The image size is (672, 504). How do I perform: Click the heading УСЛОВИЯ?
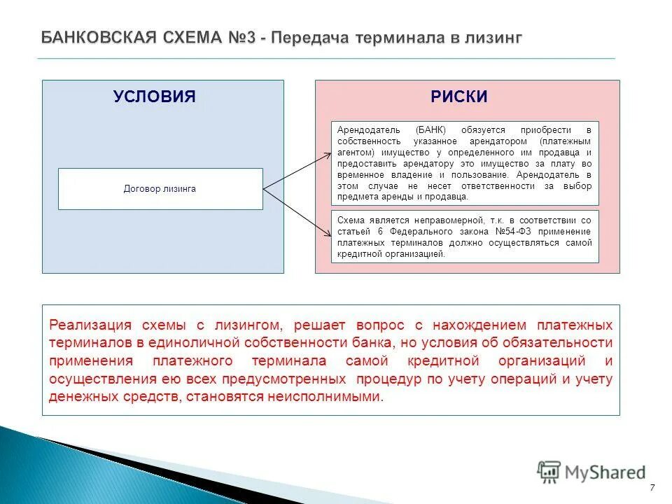[x=154, y=97]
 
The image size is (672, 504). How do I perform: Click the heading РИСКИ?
[x=458, y=97]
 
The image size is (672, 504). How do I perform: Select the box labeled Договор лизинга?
[x=160, y=189]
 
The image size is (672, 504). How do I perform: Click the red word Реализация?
[x=90, y=325]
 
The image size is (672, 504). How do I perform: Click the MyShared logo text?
[x=605, y=472]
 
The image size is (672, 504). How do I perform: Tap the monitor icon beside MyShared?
[x=549, y=472]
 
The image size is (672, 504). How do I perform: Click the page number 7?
[x=652, y=488]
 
